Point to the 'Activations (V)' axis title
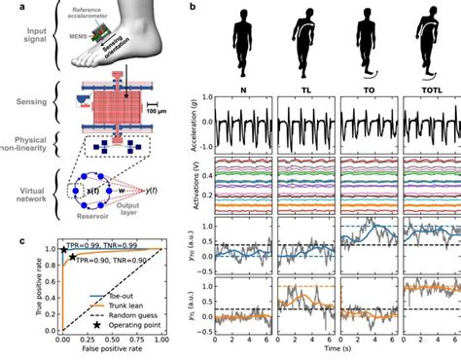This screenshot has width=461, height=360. click(x=197, y=186)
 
